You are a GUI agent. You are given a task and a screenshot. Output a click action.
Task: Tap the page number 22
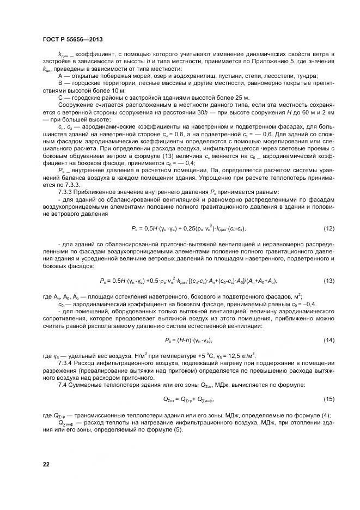46,463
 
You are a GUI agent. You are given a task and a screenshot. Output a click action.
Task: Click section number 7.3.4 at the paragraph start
66,362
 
